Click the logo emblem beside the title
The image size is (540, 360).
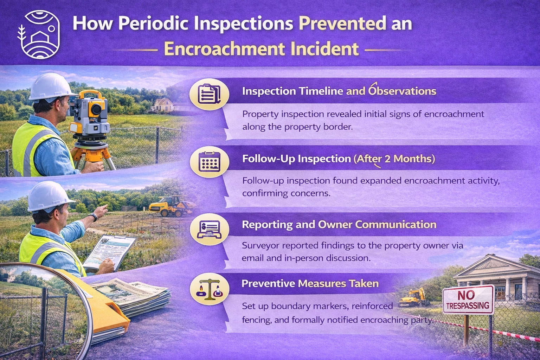(x=39, y=35)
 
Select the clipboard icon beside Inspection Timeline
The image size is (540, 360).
(x=209, y=93)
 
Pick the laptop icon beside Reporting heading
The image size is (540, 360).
(x=209, y=229)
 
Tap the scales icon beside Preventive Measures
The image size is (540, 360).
(x=209, y=289)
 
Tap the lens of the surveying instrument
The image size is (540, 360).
(x=96, y=109)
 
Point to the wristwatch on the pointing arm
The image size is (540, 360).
(x=93, y=217)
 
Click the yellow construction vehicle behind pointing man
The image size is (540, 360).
(x=172, y=206)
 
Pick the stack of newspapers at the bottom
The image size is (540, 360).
(x=131, y=297)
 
